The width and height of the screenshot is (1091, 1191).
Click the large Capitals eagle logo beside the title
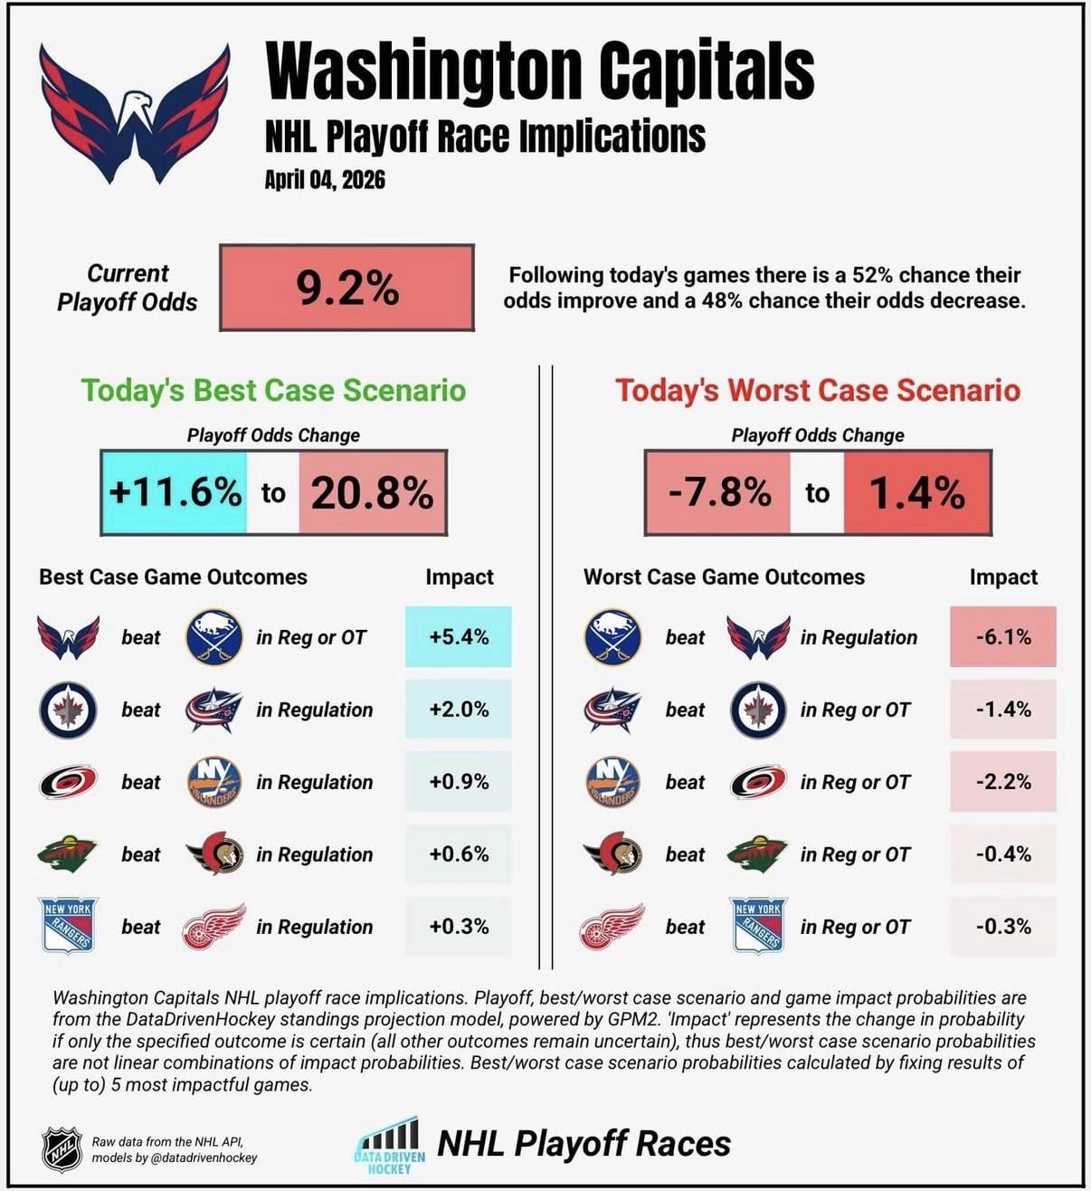click(x=134, y=113)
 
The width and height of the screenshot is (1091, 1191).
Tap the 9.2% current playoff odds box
click(x=346, y=288)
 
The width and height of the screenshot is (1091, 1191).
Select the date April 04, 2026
click(x=325, y=179)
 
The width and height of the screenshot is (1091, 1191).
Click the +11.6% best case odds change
click(x=175, y=492)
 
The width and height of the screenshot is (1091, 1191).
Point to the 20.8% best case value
click(x=372, y=492)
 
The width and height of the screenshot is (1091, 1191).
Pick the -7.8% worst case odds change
click(x=719, y=492)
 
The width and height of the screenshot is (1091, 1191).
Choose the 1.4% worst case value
click(x=916, y=492)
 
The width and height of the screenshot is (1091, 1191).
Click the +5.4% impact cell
click(x=459, y=637)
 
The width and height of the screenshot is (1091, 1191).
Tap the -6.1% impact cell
click(x=1002, y=637)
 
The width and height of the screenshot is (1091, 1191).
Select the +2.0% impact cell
click(x=459, y=710)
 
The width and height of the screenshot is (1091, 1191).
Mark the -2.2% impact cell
click(x=1002, y=782)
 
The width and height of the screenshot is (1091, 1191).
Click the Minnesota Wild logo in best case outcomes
click(x=68, y=854)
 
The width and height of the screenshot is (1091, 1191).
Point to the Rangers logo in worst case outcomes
click(x=758, y=926)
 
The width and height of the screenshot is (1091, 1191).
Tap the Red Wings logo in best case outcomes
click(x=213, y=926)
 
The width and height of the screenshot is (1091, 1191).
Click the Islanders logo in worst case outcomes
click(x=612, y=782)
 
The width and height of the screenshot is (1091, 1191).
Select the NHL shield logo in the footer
click(x=62, y=1149)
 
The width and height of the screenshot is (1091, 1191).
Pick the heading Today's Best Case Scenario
click(x=273, y=390)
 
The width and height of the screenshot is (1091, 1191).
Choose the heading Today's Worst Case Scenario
click(x=818, y=390)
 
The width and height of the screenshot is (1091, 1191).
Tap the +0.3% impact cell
click(x=459, y=926)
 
